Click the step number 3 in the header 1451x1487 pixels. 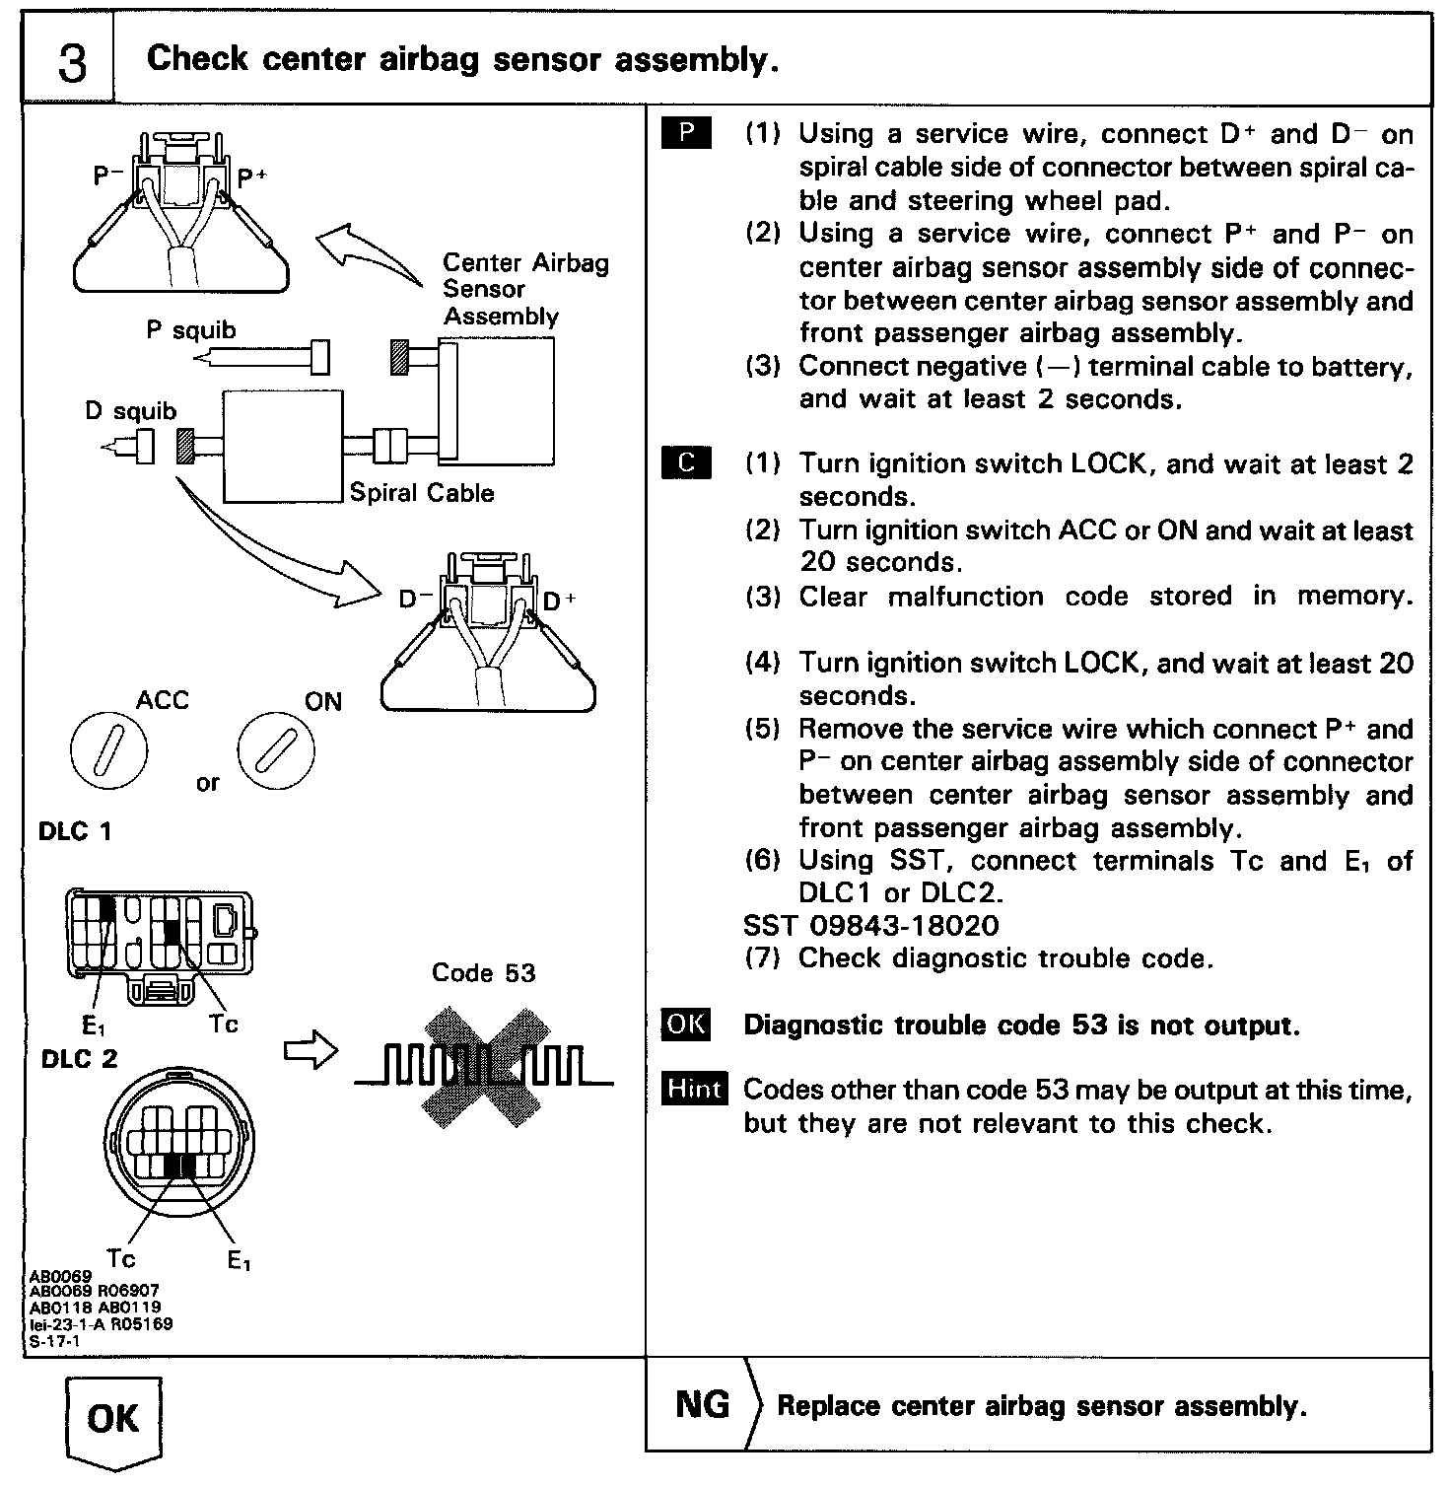coord(71,62)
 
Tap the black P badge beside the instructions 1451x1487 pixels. coord(686,133)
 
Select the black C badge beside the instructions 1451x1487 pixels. coord(686,462)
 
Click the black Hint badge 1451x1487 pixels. coord(695,1089)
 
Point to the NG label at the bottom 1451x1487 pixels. coord(702,1404)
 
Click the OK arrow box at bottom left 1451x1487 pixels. coord(113,1420)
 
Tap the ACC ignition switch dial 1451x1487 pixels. coord(108,752)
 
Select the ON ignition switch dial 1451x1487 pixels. coord(276,752)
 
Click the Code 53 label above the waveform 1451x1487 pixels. coord(483,973)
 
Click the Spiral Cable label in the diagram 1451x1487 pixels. coord(422,493)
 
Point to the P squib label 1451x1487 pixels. coord(191,330)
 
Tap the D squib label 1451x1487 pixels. coord(130,410)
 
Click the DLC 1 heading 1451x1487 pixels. coord(75,831)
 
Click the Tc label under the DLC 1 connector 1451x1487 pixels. coord(224,1025)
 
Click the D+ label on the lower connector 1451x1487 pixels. coord(560,600)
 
